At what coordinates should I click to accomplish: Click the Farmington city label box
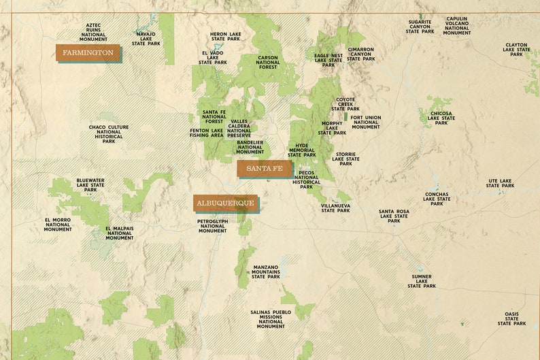[88, 52]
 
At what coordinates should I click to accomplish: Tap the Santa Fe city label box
[265, 168]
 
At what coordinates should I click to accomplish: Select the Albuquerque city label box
[225, 203]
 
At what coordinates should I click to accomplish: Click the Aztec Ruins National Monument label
[93, 32]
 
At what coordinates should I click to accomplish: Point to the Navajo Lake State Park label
[146, 38]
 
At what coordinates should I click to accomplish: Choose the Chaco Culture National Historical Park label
[109, 134]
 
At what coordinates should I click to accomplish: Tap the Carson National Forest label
[268, 63]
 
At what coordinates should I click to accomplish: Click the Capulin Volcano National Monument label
[457, 26]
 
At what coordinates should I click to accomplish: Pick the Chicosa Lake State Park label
[441, 118]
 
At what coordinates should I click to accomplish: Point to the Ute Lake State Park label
[500, 183]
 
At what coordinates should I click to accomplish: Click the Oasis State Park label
[511, 318]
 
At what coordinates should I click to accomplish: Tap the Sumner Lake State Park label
[422, 281]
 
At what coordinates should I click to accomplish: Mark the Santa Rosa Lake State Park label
[394, 216]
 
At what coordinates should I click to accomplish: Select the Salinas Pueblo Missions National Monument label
[270, 319]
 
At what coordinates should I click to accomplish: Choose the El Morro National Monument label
[58, 225]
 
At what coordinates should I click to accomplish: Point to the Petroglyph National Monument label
[213, 226]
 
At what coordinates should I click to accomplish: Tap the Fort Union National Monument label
[366, 122]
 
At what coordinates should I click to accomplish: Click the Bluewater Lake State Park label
[90, 184]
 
